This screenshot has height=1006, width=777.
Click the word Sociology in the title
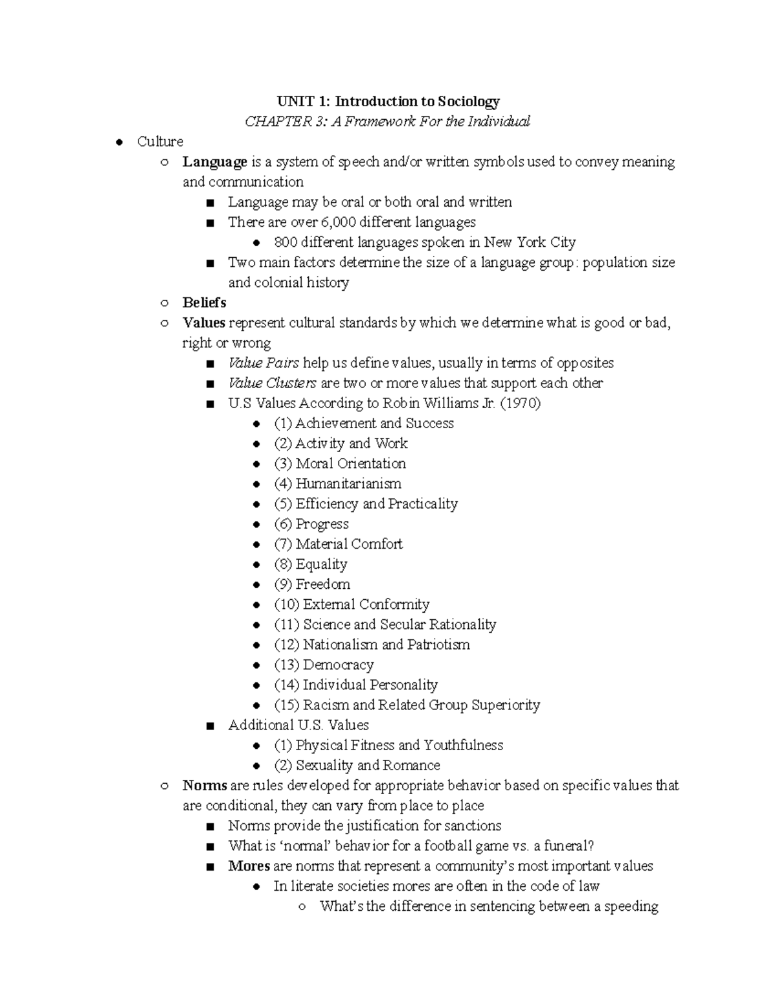(468, 102)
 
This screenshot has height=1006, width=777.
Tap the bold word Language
(214, 162)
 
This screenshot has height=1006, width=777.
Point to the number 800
(285, 242)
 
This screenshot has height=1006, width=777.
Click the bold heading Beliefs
(204, 303)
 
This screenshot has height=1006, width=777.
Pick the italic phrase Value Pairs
(264, 363)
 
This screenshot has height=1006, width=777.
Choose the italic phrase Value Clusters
(272, 383)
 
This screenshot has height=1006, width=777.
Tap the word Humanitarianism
(348, 483)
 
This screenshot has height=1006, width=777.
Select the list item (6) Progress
(311, 523)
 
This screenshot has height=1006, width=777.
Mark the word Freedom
(322, 584)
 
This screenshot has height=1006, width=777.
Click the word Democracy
(338, 665)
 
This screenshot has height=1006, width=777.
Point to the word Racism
(326, 705)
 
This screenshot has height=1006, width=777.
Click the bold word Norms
(205, 785)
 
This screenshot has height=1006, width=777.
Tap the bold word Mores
(249, 865)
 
